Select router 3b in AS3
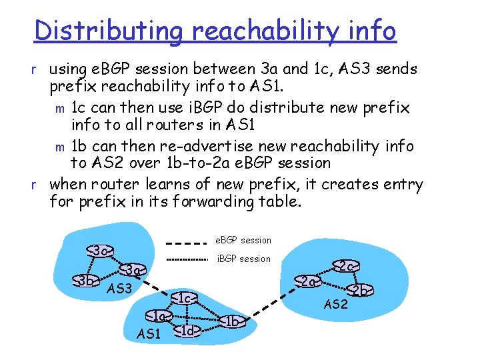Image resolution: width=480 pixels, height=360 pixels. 85,279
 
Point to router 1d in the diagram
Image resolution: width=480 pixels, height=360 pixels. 188,330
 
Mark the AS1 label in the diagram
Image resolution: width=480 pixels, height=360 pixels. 149,333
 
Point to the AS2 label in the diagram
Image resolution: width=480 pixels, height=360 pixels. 336,304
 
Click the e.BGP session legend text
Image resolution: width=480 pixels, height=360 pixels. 244,240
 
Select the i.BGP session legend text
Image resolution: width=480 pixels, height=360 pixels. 244,259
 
